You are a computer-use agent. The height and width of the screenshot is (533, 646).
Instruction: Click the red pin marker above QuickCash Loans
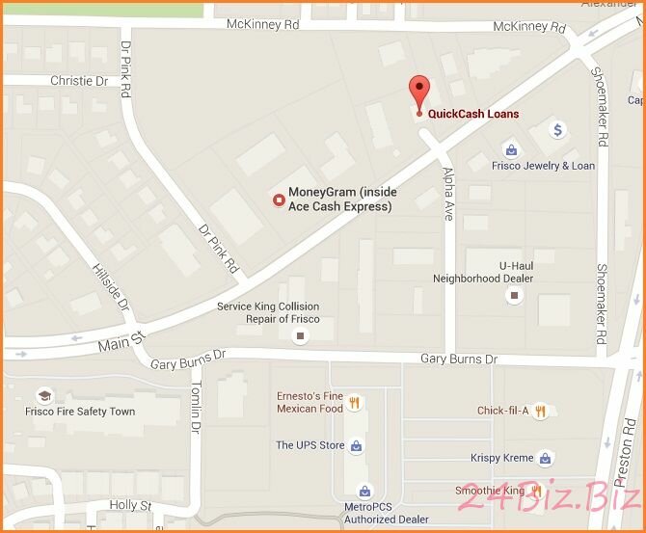418,92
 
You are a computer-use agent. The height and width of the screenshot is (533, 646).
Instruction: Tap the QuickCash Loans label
473,114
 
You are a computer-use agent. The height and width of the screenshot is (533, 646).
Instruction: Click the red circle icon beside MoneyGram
278,200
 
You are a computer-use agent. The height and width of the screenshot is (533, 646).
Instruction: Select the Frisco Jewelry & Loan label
543,165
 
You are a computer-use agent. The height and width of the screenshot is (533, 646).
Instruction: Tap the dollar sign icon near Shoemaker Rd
558,128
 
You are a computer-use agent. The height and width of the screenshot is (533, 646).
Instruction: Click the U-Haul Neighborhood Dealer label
497,271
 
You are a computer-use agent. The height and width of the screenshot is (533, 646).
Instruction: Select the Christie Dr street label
82,81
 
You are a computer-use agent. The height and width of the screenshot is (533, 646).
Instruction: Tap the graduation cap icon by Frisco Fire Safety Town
43,396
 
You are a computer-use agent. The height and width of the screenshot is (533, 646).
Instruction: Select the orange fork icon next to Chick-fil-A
541,411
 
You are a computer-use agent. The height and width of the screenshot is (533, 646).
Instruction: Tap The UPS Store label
310,445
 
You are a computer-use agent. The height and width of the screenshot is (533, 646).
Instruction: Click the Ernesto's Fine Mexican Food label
310,402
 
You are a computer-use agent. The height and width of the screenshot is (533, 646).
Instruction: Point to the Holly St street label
131,504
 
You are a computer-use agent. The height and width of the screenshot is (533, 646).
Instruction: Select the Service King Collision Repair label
267,312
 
